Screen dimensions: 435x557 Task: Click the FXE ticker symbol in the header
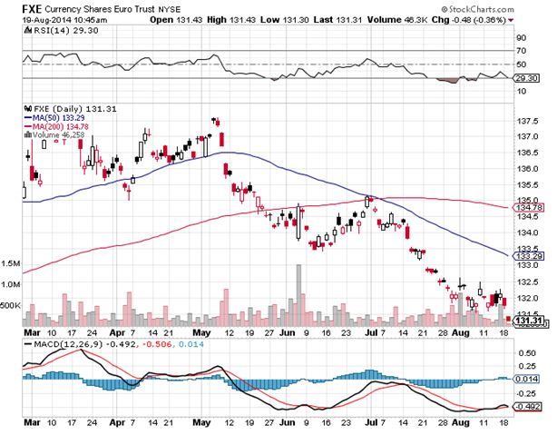point(14,6)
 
